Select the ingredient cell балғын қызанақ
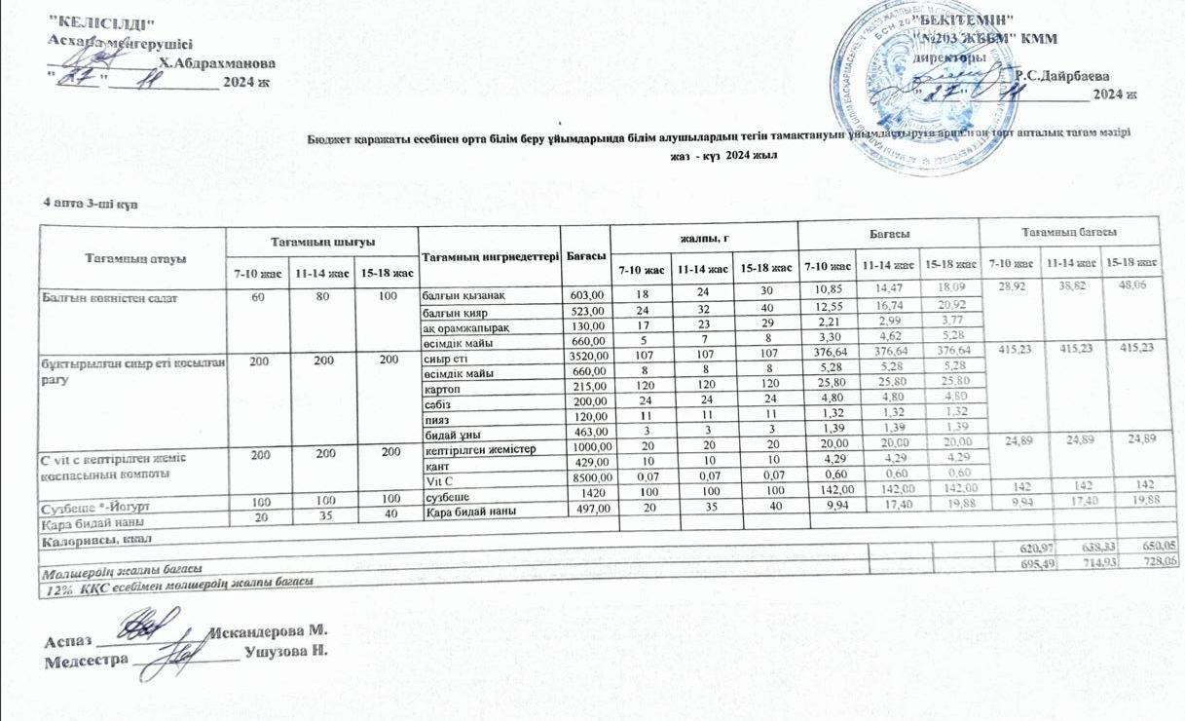tap(463, 294)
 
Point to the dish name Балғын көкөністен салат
tap(100, 293)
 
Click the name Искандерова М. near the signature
tap(267, 632)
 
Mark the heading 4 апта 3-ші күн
tap(84, 202)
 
